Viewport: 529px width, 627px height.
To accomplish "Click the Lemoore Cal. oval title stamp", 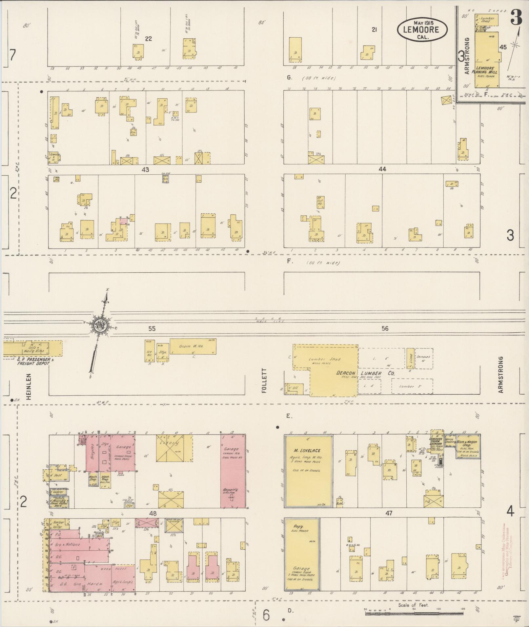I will click(x=422, y=29).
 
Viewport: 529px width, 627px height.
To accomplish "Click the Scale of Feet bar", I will click(x=414, y=610).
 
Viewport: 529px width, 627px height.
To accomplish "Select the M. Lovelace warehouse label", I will click(x=307, y=451).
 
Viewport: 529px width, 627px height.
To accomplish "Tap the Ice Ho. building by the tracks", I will click(x=149, y=351).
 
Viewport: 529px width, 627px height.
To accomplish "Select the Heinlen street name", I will click(x=29, y=386).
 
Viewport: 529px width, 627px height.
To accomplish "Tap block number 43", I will click(x=145, y=169).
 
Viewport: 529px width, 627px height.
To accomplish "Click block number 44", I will click(x=382, y=169).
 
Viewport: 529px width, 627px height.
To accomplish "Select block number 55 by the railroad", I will click(x=152, y=329).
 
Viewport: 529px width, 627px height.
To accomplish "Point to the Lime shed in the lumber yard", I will click(x=410, y=358).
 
